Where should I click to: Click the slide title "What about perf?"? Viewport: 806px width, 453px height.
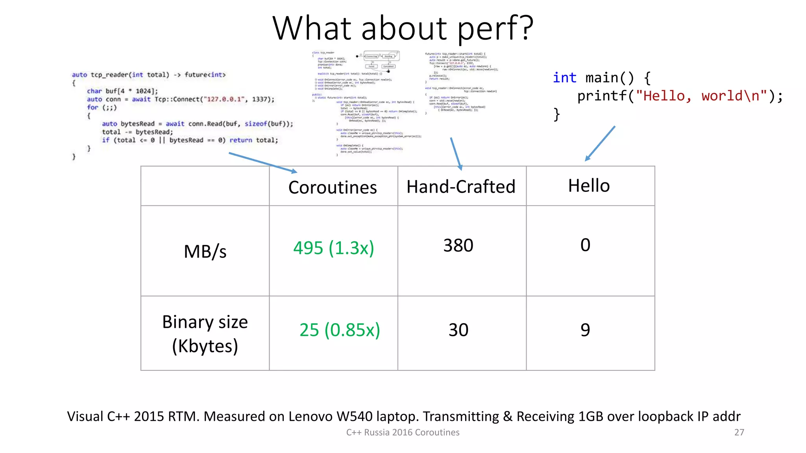403,28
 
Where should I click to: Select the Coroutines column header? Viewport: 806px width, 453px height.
333,188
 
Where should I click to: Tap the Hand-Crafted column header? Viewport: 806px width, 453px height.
461,187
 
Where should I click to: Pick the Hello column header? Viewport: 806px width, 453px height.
589,186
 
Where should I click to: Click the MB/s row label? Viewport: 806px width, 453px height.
205,252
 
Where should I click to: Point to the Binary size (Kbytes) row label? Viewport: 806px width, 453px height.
205,333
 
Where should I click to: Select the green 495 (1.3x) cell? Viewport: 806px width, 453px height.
333,248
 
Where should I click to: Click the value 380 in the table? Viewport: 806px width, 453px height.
458,246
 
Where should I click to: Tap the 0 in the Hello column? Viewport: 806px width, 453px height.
585,245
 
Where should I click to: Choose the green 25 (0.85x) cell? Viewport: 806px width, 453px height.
340,330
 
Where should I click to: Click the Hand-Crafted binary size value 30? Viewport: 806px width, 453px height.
458,330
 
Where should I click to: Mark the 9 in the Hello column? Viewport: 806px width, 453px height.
585,330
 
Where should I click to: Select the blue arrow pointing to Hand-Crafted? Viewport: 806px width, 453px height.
456,154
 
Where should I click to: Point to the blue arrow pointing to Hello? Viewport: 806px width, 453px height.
600,143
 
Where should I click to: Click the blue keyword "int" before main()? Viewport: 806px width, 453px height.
564,78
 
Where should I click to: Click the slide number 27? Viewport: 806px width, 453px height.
739,433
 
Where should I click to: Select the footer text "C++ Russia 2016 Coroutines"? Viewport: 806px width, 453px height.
403,433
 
